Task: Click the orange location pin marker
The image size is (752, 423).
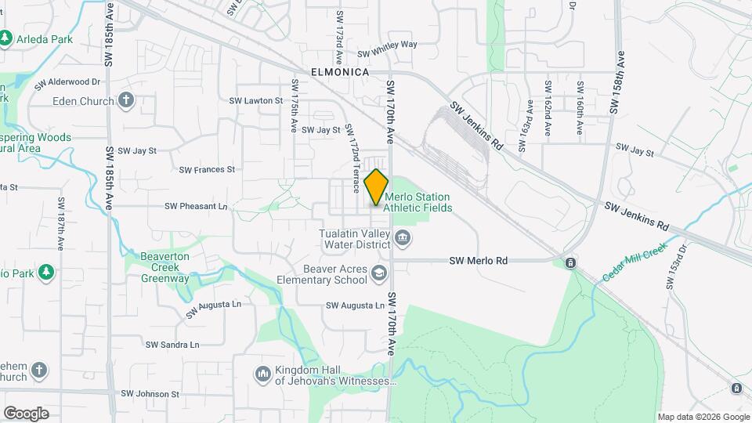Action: click(x=377, y=186)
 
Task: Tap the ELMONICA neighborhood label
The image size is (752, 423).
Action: click(x=340, y=71)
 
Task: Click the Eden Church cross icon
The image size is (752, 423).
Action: click(x=126, y=100)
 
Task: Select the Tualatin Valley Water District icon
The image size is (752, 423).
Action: click(x=403, y=238)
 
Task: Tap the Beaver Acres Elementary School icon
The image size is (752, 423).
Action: click(x=379, y=273)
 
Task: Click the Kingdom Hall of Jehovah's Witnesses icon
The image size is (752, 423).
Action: click(x=262, y=375)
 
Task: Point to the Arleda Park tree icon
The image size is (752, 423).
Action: click(x=6, y=38)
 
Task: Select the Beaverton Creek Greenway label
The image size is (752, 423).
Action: click(x=164, y=267)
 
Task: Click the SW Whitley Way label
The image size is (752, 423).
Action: click(x=387, y=45)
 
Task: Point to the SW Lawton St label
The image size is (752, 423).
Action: click(x=255, y=101)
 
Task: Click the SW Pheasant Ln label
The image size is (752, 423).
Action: click(x=196, y=207)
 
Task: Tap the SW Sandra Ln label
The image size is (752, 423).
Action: click(x=172, y=345)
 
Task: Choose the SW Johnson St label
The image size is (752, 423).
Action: click(x=150, y=394)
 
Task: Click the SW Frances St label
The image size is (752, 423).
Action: click(x=207, y=169)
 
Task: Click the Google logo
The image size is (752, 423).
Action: click(x=26, y=413)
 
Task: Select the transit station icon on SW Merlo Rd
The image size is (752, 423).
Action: click(x=571, y=262)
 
